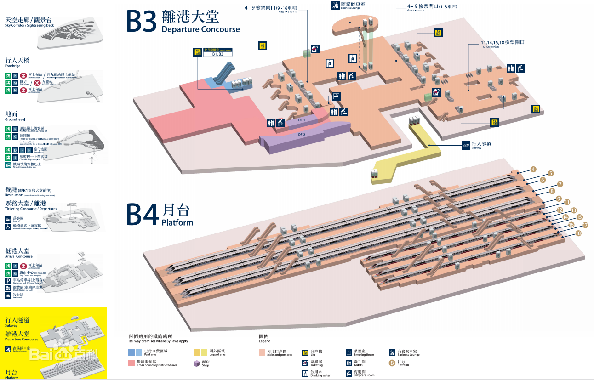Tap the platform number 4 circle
tap(533, 169)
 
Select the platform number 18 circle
tap(578, 233)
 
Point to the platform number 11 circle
tap(567, 202)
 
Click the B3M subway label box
tap(466, 146)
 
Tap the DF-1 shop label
tap(302, 120)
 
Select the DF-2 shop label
tap(302, 135)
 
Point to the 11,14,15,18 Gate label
tap(503, 43)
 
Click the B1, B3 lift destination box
tap(217, 54)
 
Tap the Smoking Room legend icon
tap(349, 352)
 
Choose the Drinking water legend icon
tap(305, 373)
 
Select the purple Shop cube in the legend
tap(196, 363)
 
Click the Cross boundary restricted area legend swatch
tap(132, 363)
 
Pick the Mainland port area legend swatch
tap(263, 352)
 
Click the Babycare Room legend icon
tap(349, 373)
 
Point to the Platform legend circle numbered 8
tap(392, 363)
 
